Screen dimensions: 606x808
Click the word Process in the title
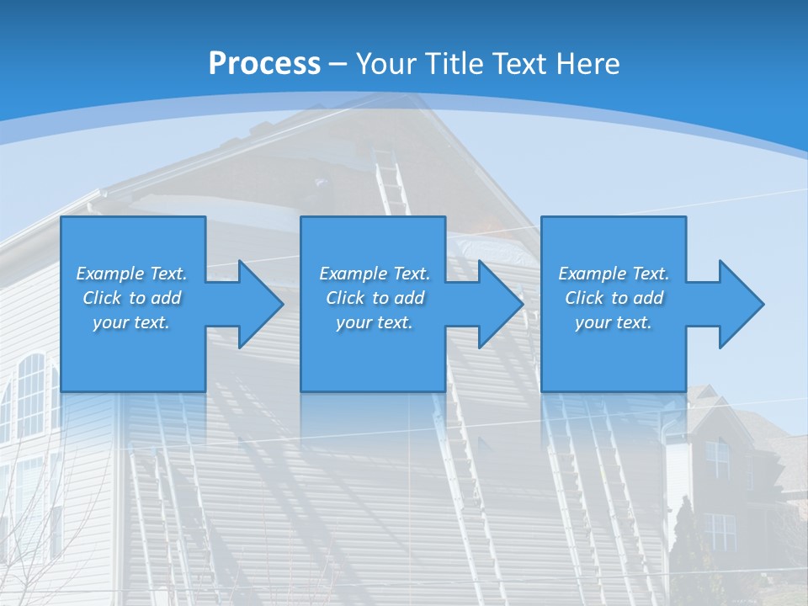click(x=264, y=63)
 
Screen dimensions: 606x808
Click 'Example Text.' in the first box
click(x=131, y=274)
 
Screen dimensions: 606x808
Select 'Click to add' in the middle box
click(x=375, y=298)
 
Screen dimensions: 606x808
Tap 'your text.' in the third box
click(x=614, y=322)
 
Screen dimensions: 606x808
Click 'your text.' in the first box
click(x=131, y=322)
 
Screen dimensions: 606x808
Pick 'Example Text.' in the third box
click(x=614, y=274)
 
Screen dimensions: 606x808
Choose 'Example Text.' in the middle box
click(x=375, y=274)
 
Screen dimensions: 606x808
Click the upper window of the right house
click(x=718, y=460)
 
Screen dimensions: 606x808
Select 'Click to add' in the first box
click(x=131, y=298)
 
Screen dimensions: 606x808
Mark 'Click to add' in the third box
click(x=614, y=298)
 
